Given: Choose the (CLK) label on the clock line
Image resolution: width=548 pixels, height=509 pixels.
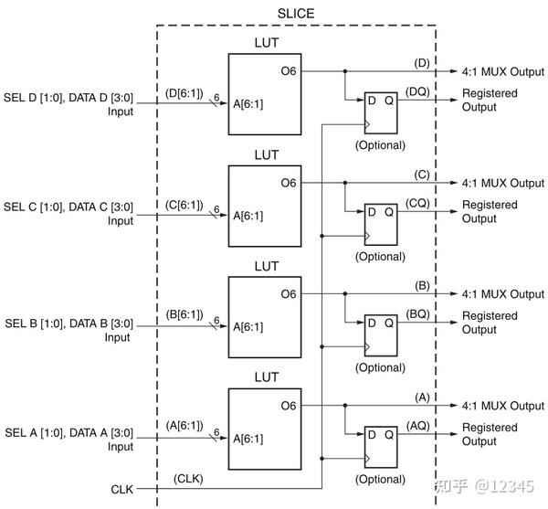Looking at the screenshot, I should (x=187, y=480).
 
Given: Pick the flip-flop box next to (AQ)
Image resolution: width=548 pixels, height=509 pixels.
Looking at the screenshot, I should (x=379, y=444).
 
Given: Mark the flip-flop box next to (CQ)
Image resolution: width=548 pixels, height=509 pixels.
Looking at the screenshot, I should (x=379, y=222).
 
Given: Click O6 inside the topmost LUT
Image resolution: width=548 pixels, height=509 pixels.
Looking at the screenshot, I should (x=289, y=71).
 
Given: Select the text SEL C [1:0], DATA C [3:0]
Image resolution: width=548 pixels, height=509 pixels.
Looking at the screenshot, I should (x=69, y=207).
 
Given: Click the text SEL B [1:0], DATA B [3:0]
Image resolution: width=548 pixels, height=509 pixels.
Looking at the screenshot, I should (x=69, y=323).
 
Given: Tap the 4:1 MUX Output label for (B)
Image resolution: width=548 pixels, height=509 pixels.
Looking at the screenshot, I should (x=501, y=294).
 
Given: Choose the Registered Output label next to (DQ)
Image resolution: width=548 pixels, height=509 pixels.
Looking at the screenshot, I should (x=490, y=101).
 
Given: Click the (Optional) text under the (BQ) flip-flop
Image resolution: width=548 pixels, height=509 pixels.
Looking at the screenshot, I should (x=379, y=367).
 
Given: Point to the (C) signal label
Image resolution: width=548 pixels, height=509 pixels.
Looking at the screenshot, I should (x=421, y=174).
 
